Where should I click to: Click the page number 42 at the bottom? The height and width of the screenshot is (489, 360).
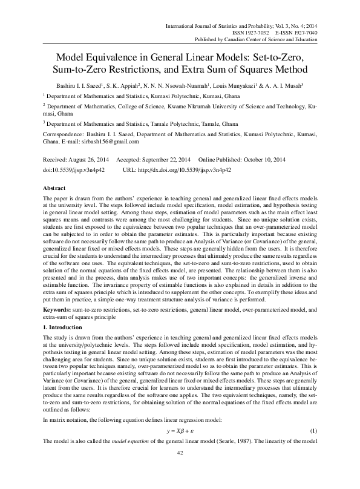180,470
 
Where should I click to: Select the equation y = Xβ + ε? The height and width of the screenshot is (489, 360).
180,447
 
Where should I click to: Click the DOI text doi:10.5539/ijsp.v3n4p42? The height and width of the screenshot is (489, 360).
73,171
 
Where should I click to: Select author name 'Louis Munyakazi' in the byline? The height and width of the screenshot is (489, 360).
238,85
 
